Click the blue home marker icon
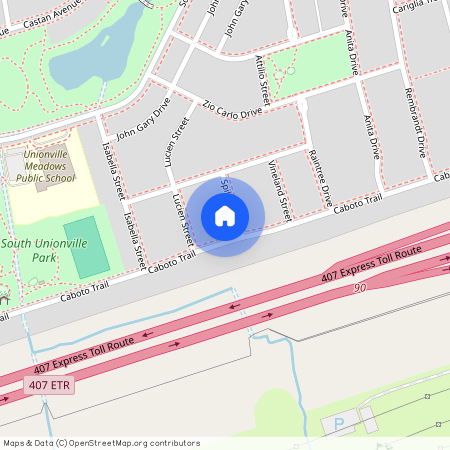[x=225, y=216]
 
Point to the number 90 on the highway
[x=361, y=287]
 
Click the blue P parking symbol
[x=338, y=424]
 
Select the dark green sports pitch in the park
[x=89, y=247]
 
